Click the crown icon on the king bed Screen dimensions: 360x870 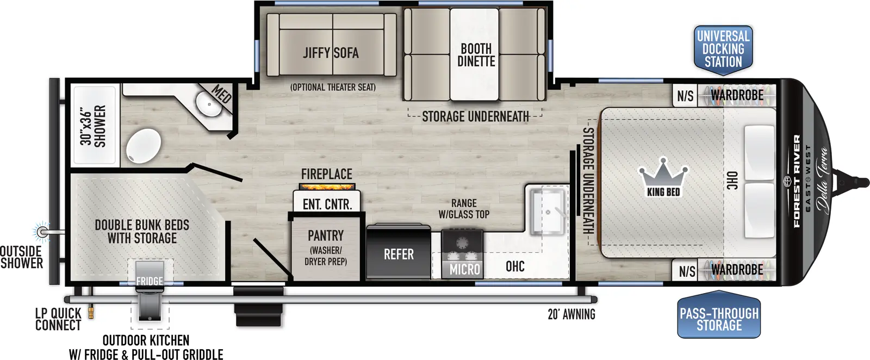[663, 173]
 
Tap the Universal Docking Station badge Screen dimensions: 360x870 [723, 49]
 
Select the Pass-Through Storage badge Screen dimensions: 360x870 [719, 320]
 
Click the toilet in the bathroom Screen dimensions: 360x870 [144, 146]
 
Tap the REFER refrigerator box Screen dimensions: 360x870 [399, 254]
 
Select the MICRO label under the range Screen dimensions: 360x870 [464, 269]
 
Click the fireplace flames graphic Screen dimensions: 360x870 [327, 187]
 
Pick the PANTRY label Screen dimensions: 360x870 [326, 235]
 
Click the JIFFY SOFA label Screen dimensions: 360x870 [331, 53]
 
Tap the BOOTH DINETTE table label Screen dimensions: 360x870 [476, 55]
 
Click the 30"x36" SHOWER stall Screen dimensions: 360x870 [94, 125]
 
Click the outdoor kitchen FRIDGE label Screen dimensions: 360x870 [149, 281]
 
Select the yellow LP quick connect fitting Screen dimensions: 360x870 [91, 312]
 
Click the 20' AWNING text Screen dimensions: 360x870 [571, 314]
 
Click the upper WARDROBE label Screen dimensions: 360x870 [737, 95]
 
